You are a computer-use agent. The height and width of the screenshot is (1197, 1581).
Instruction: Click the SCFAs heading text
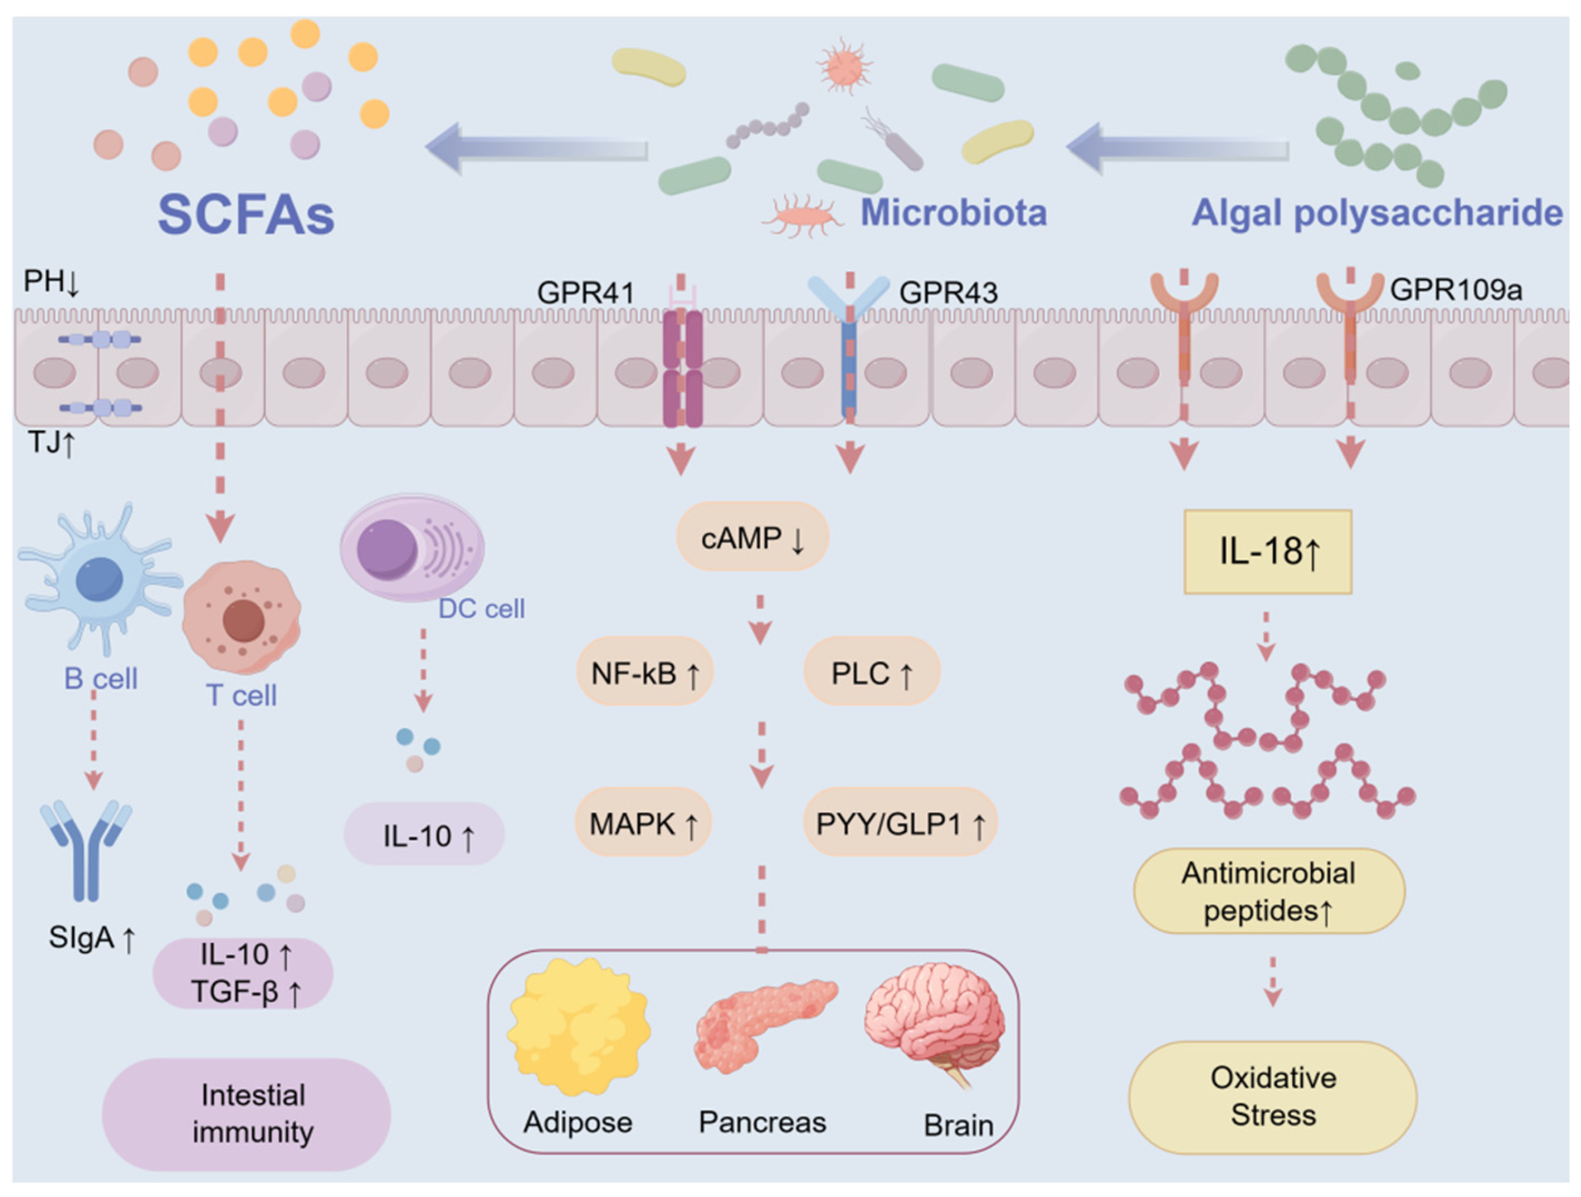246,214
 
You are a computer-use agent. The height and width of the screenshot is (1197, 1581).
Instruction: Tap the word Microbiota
953,212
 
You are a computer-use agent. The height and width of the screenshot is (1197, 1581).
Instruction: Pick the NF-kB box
645,672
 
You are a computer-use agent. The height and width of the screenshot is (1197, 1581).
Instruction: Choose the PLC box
871,672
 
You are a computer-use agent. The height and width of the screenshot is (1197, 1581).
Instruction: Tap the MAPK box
643,823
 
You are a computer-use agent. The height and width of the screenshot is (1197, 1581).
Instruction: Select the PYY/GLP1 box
900,823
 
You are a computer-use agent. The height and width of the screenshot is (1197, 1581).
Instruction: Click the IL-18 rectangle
1268,551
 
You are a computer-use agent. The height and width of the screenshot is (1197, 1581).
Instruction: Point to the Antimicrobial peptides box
1269,891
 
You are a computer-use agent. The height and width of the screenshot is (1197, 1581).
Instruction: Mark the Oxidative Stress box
1272,1097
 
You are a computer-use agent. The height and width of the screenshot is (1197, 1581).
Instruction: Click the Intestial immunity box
246,1113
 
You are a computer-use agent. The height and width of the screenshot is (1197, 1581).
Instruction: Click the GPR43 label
948,292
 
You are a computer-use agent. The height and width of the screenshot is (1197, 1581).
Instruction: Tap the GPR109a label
1456,289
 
